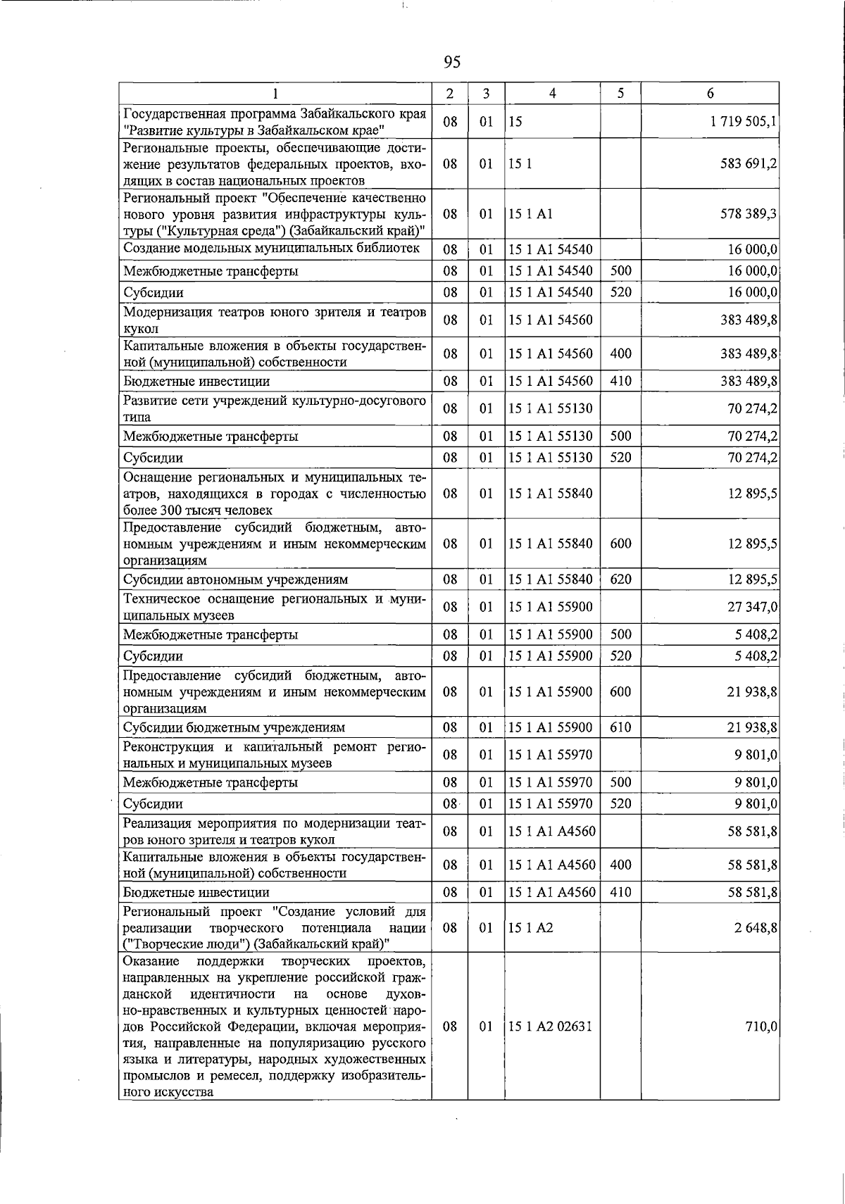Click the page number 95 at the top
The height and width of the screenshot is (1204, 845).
pyautogui.click(x=452, y=63)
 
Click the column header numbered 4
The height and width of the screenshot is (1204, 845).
pyautogui.click(x=552, y=94)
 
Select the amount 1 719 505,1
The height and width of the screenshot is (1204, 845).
pyautogui.click(x=744, y=122)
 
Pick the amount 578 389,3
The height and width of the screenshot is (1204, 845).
pyautogui.click(x=749, y=213)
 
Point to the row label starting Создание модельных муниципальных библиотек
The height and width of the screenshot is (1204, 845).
pyautogui.click(x=271, y=248)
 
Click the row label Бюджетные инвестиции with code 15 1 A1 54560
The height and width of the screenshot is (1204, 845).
pyautogui.click(x=196, y=382)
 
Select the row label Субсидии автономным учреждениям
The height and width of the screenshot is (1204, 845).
pyautogui.click(x=235, y=579)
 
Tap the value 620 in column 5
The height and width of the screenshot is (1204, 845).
pyautogui.click(x=620, y=579)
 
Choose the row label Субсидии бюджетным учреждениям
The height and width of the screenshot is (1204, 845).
pyautogui.click(x=234, y=727)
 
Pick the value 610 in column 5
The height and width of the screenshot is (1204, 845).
pyautogui.click(x=620, y=727)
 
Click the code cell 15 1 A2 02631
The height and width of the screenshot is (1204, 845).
pyautogui.click(x=550, y=1026)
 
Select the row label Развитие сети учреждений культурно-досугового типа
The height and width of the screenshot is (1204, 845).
pyautogui.click(x=275, y=409)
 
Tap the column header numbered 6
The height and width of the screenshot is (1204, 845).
pyautogui.click(x=710, y=94)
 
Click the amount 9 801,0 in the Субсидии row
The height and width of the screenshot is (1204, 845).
pyautogui.click(x=756, y=804)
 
